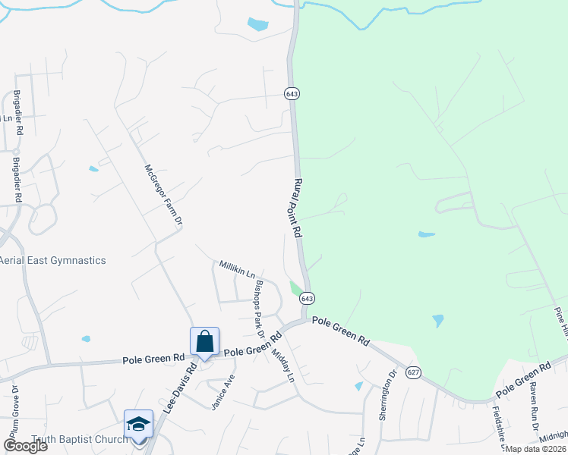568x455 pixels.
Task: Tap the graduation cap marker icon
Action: pos(138,423)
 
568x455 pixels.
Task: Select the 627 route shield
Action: pos(413,372)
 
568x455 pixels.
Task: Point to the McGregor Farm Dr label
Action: pos(163,195)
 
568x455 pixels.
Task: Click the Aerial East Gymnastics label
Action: pos(52,260)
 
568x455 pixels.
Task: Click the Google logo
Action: pos(25,446)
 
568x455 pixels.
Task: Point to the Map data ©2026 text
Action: pos(535,448)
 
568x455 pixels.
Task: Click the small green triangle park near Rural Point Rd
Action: pos(295,288)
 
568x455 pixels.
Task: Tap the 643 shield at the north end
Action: pos(292,93)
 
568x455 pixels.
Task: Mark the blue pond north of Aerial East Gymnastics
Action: pos(93,168)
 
